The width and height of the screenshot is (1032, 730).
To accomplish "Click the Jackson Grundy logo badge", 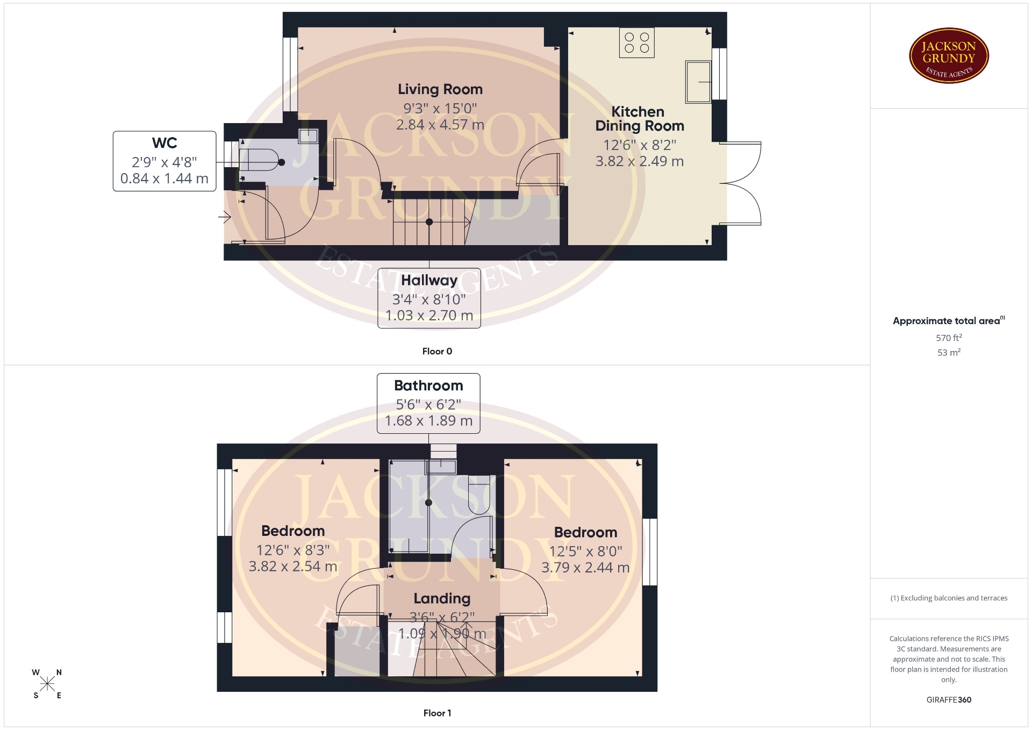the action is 949,55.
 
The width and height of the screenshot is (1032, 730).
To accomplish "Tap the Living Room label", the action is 440,89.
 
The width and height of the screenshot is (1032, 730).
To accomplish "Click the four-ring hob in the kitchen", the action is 637,42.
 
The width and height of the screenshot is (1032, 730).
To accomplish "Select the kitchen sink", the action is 698,82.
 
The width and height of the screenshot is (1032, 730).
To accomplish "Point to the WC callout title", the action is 164,143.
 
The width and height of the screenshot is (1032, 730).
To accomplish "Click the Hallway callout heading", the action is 429,281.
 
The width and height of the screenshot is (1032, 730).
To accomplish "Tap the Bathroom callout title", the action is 428,385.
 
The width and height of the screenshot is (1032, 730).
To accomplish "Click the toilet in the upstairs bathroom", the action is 479,493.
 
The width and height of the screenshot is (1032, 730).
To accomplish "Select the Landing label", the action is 442,598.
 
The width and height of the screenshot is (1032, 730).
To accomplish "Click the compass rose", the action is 47,684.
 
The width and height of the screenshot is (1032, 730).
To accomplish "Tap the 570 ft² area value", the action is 949,338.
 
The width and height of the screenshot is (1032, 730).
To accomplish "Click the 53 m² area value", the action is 949,352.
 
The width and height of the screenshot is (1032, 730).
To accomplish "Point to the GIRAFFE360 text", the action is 949,700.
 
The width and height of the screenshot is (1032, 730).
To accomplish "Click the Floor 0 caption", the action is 437,351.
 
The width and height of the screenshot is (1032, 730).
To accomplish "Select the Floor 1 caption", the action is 437,713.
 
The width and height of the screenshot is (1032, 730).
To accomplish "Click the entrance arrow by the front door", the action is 225,218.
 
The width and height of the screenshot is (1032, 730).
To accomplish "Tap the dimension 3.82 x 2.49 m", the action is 639,161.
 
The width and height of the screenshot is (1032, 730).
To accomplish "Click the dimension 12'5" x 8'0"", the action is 585,551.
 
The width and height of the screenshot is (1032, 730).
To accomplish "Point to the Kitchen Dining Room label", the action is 639,119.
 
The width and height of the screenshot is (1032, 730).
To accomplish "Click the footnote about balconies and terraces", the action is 949,598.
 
